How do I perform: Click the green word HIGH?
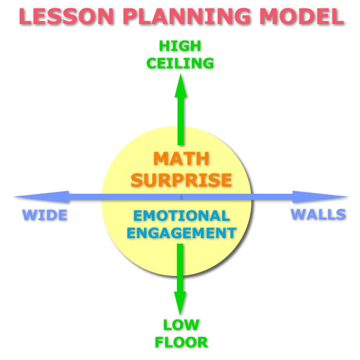pos(181,46)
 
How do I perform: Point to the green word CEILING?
pos(181,62)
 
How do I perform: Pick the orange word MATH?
pos(181,159)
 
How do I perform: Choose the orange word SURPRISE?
pos(181,179)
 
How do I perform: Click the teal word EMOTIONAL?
pos(181,215)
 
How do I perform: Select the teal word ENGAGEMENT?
pos(181,232)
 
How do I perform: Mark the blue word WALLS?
pos(318,214)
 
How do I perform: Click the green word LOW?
pos(181,325)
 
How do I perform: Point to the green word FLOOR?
pos(181,343)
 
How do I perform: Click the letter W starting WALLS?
pos(297,214)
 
